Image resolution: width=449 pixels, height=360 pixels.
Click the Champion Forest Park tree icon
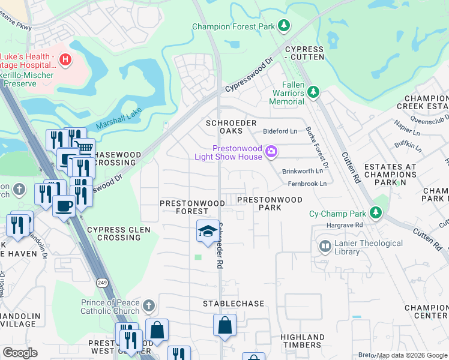pos(285,26)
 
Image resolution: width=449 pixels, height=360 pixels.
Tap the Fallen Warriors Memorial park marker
pos(312,92)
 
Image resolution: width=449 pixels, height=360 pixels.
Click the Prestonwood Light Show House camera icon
pos(271,151)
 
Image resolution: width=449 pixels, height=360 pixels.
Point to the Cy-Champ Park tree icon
pos(376,212)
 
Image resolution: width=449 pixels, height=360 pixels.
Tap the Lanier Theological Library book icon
pos(325,247)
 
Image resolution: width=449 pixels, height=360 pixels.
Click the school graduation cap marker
pos(208,231)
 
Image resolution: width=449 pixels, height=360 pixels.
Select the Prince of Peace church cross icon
pos(148,307)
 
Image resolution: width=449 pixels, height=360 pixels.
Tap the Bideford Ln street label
pos(280,131)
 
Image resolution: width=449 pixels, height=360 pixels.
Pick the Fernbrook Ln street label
pos(307,184)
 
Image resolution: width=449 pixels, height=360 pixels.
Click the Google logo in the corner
pos(20,353)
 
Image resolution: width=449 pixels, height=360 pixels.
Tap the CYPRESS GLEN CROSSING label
pos(114,233)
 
